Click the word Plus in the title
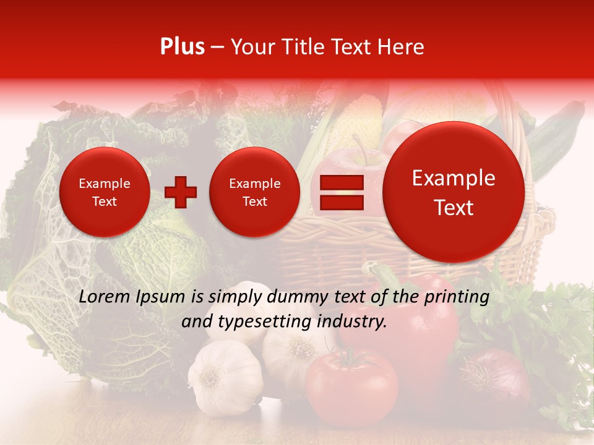pyautogui.click(x=182, y=47)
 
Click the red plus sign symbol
pyautogui.click(x=181, y=192)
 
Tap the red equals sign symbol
pyautogui.click(x=341, y=192)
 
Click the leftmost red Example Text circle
pyautogui.click(x=104, y=192)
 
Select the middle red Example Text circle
pyautogui.click(x=254, y=192)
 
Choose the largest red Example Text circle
pyautogui.click(x=454, y=192)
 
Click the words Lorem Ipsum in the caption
pyautogui.click(x=132, y=297)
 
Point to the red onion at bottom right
pyautogui.click(x=495, y=374)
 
